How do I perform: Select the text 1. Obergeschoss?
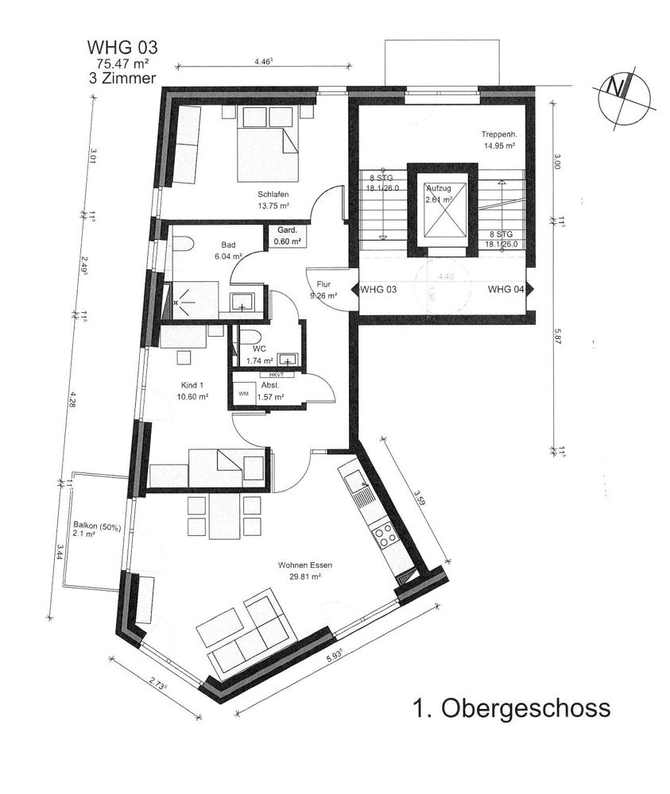pyautogui.click(x=510, y=707)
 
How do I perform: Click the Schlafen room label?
pyautogui.click(x=272, y=195)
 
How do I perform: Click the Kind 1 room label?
pyautogui.click(x=194, y=385)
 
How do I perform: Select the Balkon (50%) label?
pyautogui.click(x=95, y=525)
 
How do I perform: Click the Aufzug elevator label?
pyautogui.click(x=438, y=188)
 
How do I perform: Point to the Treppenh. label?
pyautogui.click(x=499, y=134)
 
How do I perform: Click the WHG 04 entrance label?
pyautogui.click(x=505, y=290)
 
